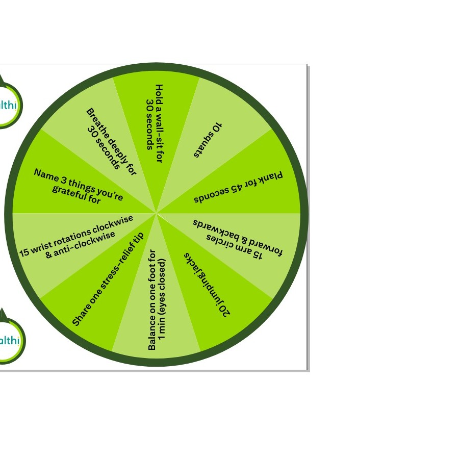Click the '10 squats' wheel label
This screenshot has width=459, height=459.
point(208,140)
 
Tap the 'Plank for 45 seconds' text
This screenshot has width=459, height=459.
point(238,187)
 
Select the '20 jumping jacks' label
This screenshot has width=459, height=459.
point(207,285)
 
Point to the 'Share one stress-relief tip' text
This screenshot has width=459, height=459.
point(108,278)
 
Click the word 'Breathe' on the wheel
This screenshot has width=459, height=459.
point(98,123)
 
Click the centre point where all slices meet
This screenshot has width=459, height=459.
point(157,213)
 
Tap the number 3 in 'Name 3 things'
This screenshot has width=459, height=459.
point(64,179)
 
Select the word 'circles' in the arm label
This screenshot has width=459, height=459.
point(221,242)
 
